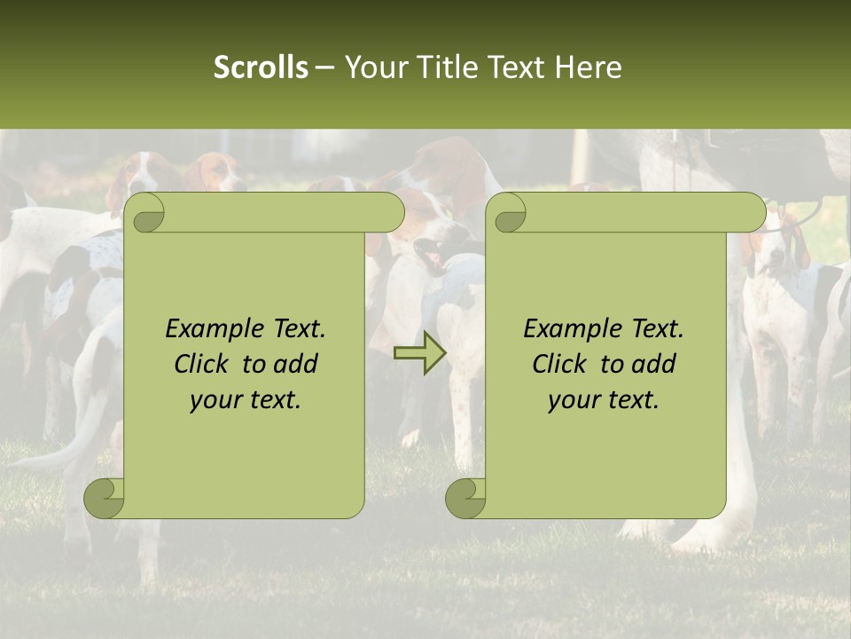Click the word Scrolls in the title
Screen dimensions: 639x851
[x=261, y=67]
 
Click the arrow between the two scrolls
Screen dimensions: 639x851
[x=419, y=354]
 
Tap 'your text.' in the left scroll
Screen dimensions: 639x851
[x=246, y=400]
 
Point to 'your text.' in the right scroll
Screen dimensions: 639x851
[x=604, y=400]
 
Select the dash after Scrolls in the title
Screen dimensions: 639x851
[x=324, y=67]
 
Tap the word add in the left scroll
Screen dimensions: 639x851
[x=295, y=364]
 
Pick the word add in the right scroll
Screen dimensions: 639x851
[x=653, y=364]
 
